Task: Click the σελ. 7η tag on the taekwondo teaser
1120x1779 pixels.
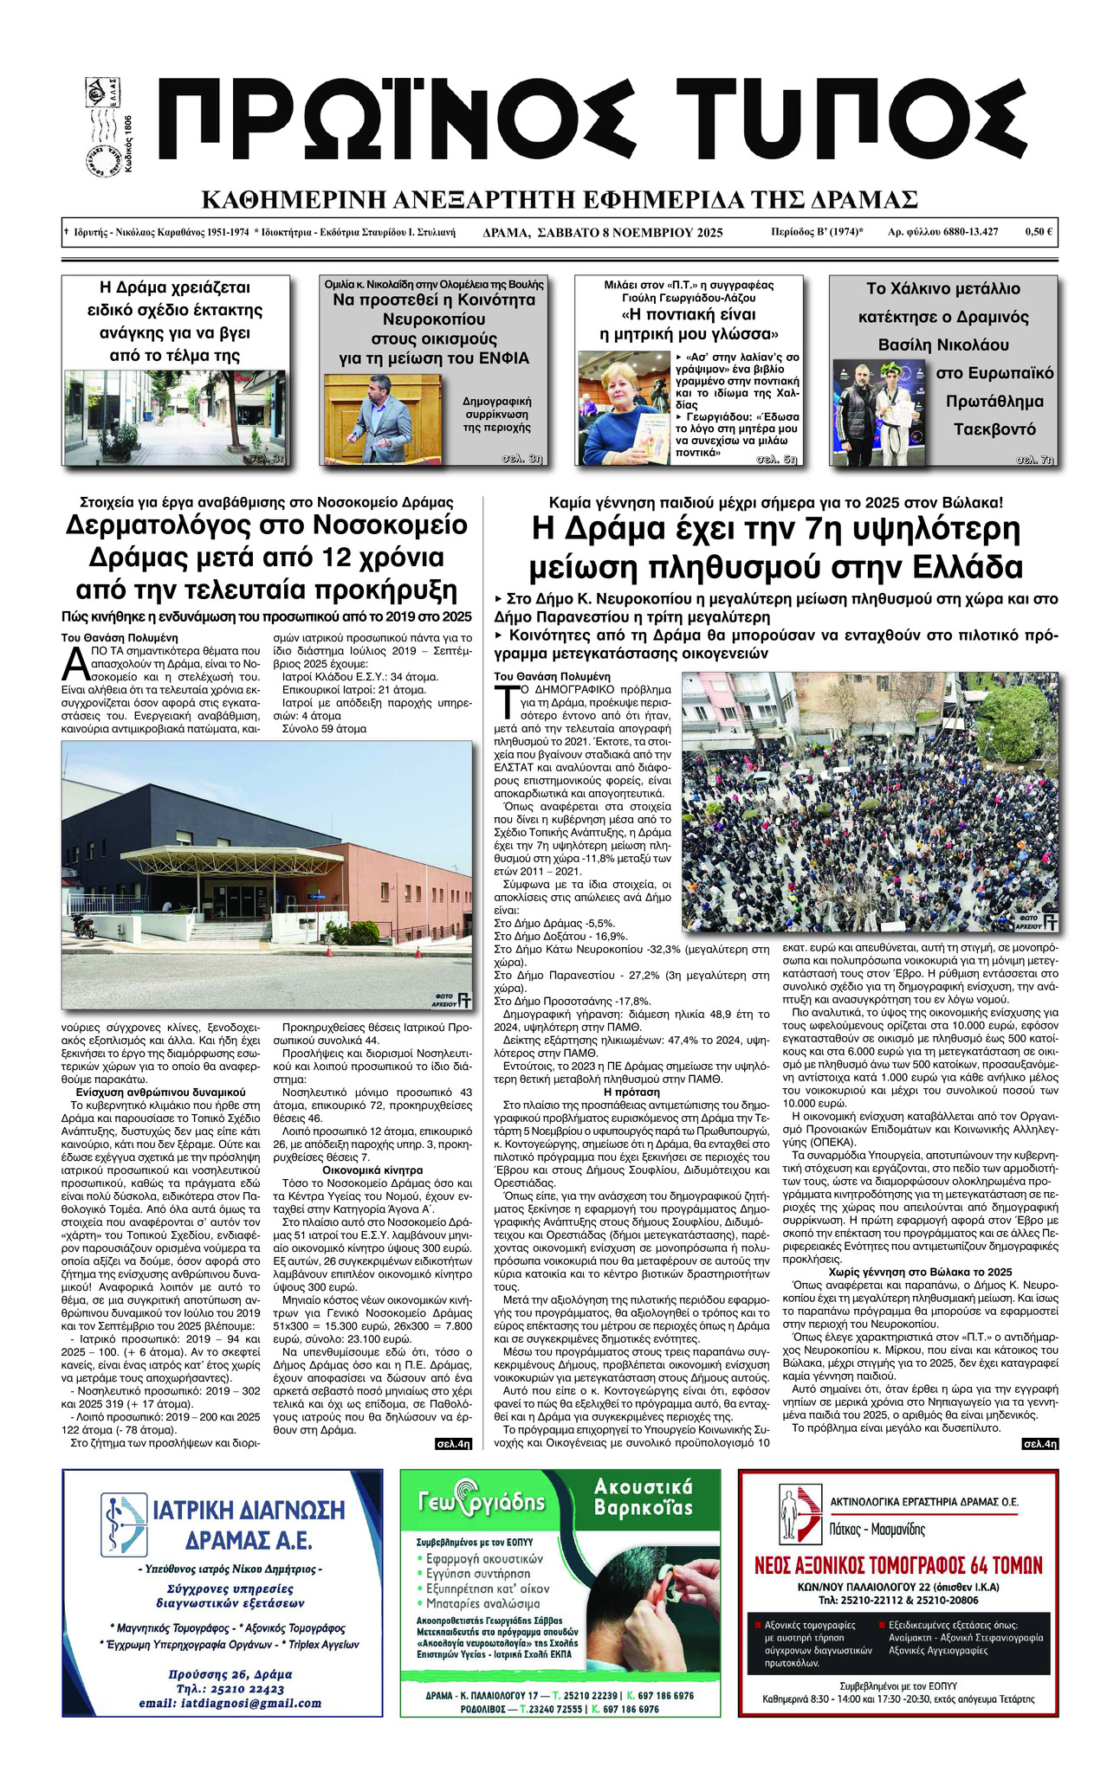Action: coord(1036,460)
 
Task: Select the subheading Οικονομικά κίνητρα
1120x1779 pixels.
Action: coord(372,1170)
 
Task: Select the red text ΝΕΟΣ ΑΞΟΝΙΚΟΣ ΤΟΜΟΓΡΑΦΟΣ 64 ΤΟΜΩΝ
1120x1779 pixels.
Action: coord(897,1565)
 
